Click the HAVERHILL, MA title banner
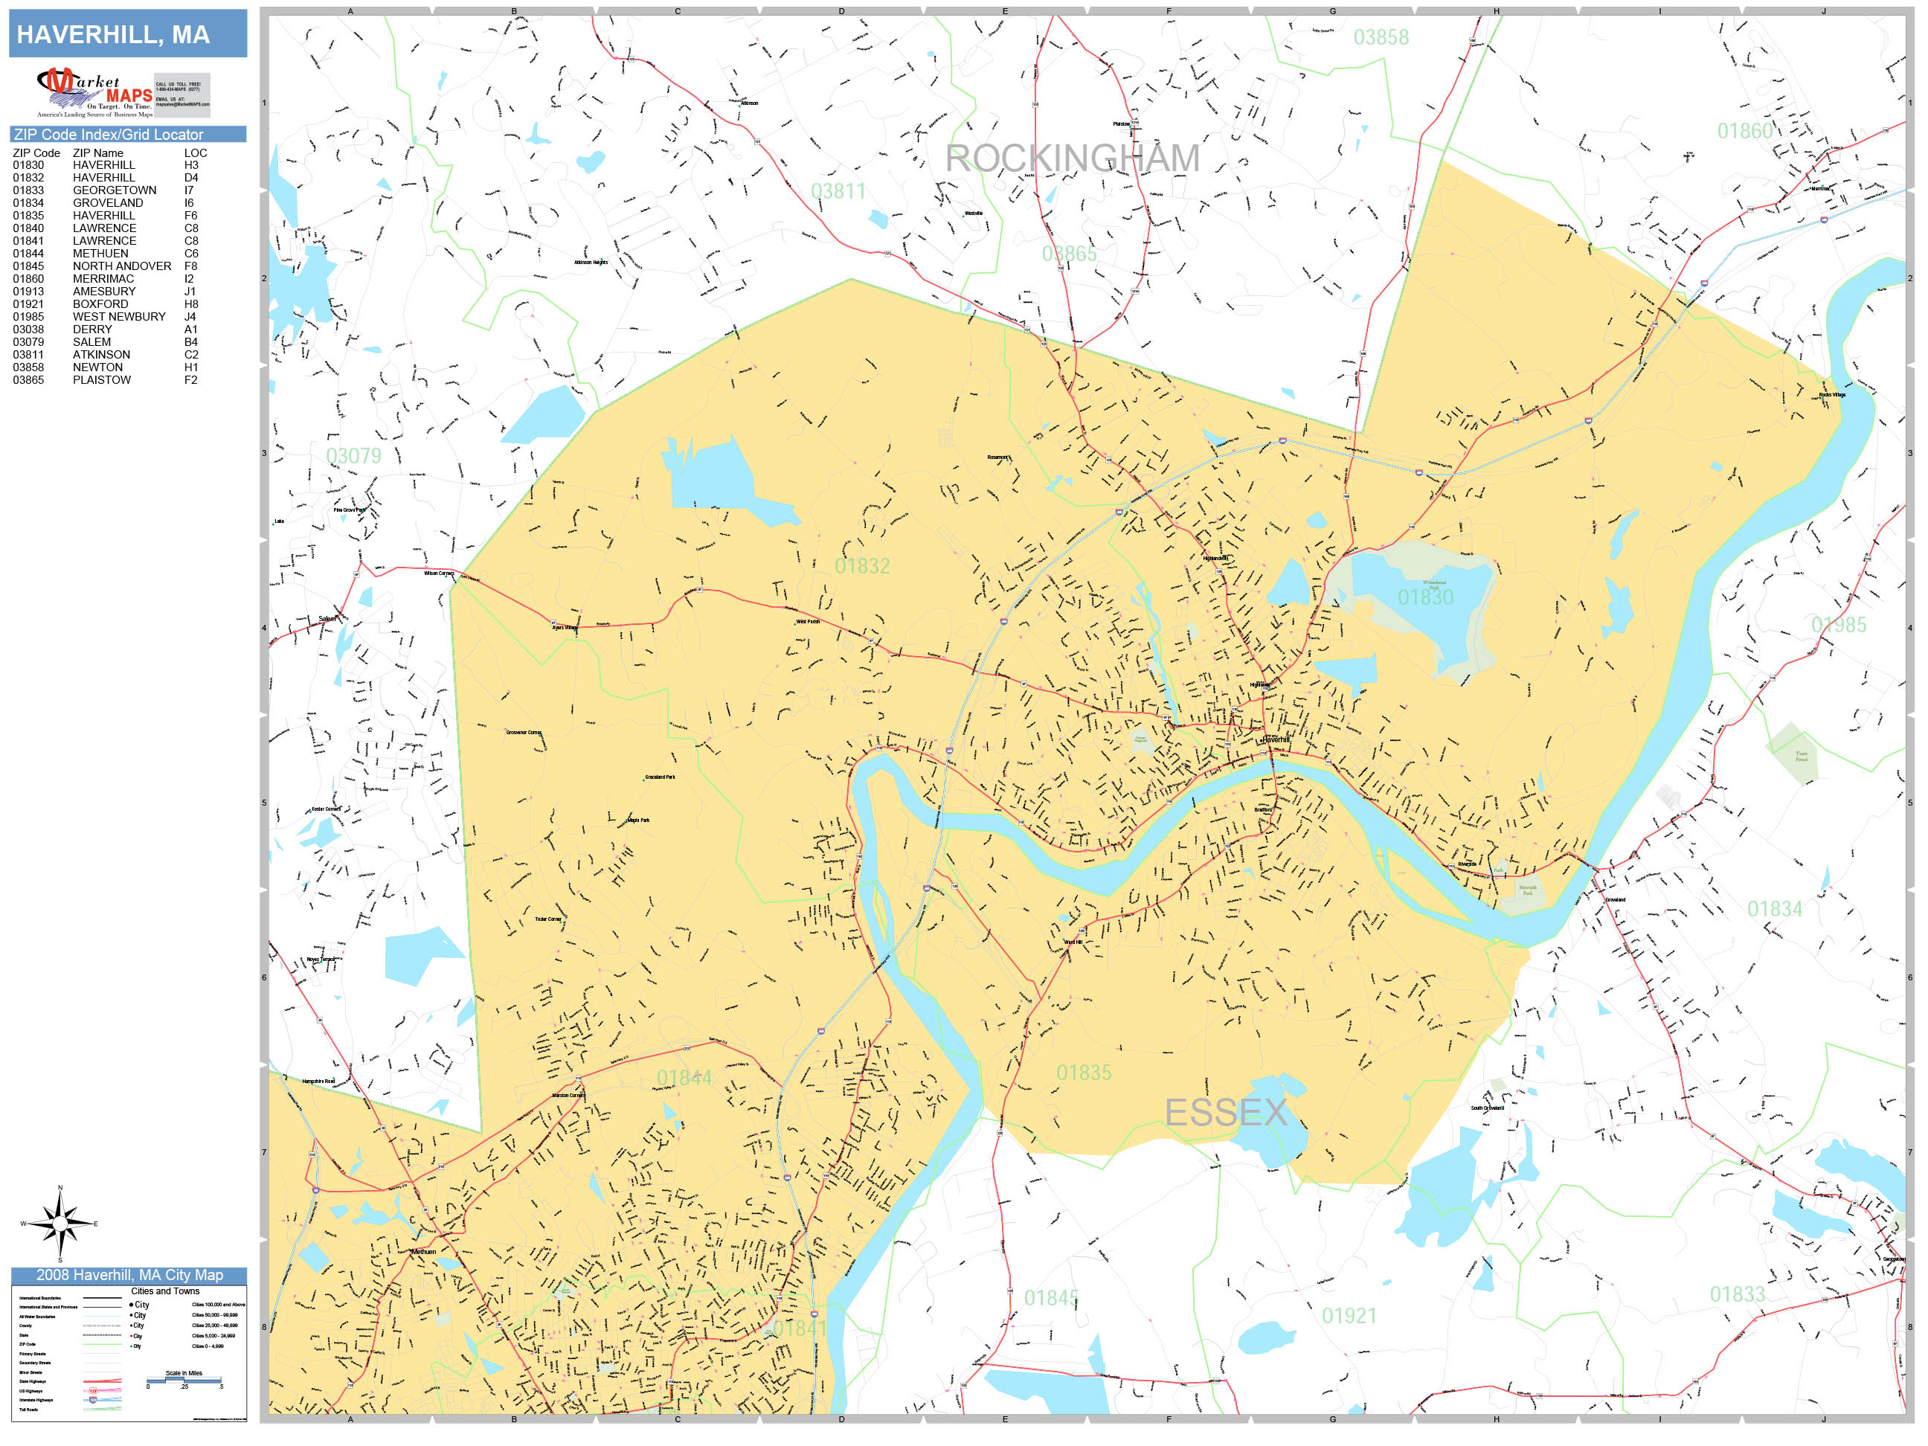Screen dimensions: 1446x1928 (127, 34)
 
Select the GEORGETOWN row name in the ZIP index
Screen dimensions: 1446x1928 (115, 190)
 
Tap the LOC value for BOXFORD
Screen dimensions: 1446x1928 (191, 304)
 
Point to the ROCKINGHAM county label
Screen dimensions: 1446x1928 (1072, 158)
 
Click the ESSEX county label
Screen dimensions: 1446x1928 (1226, 1113)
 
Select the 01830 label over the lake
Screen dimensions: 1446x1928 (1425, 598)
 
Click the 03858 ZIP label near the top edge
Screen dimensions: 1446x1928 (1381, 37)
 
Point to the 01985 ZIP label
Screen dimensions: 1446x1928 (1838, 625)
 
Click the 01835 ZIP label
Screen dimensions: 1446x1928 (1084, 1073)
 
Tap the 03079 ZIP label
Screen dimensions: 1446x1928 (353, 456)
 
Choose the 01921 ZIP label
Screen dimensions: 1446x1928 (1349, 1316)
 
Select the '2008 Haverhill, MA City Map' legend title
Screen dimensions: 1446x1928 (129, 1275)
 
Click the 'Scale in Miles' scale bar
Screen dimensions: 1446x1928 (184, 1380)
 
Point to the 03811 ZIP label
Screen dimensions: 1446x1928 (838, 192)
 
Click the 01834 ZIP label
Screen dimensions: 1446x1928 (1774, 909)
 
